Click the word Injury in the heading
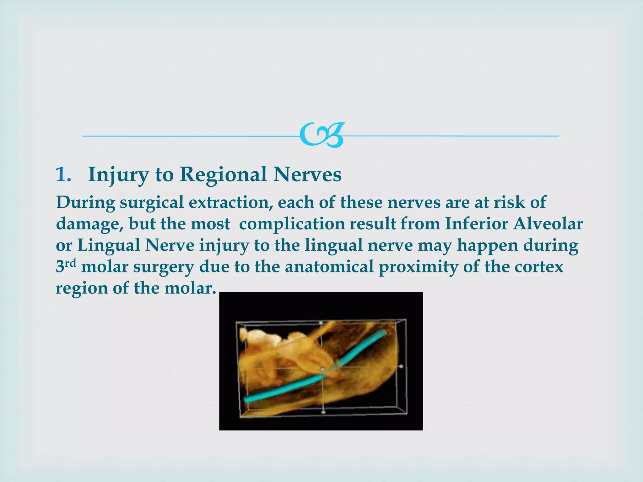tap(118, 174)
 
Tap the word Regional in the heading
tap(223, 174)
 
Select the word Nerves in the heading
tap(307, 174)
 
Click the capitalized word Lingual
tap(109, 245)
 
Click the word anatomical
tap(329, 267)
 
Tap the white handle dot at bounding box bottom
tap(324, 412)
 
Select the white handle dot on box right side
tap(401, 366)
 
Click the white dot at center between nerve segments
tap(322, 369)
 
